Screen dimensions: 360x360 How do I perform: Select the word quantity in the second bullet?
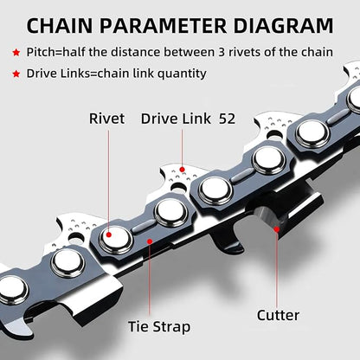click(179, 74)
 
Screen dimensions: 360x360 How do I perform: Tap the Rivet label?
click(109, 118)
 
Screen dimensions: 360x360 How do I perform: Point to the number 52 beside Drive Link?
click(228, 118)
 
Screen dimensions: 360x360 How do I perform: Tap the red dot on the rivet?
click(109, 233)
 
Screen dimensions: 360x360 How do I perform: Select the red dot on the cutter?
click(278, 229)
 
